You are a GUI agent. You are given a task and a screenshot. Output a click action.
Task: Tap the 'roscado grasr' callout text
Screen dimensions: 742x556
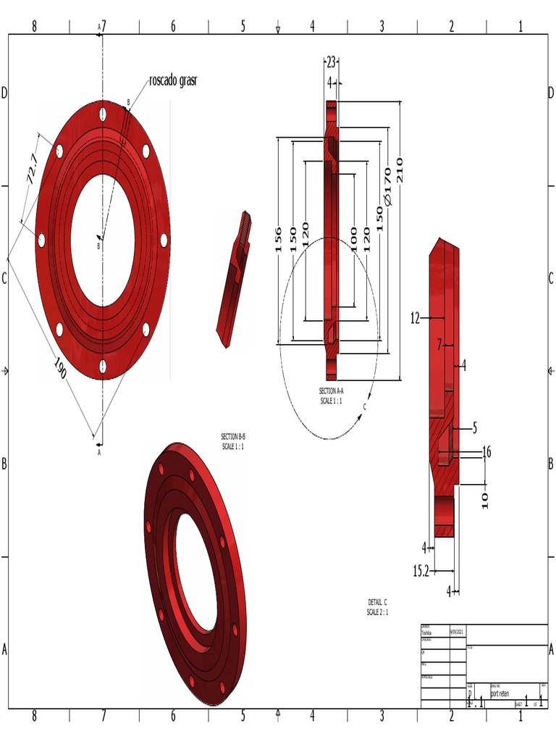pyautogui.click(x=173, y=80)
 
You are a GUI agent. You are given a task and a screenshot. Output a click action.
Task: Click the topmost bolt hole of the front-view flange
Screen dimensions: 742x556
pyautogui.click(x=104, y=114)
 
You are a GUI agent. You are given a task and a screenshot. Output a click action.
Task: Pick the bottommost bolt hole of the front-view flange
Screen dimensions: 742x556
pyautogui.click(x=103, y=366)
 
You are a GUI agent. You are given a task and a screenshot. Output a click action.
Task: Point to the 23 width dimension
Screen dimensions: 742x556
pyautogui.click(x=331, y=62)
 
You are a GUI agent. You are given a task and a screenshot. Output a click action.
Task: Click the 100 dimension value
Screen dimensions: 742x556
pyautogui.click(x=353, y=239)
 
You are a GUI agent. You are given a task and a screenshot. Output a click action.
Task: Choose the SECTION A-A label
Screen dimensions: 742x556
pyautogui.click(x=331, y=395)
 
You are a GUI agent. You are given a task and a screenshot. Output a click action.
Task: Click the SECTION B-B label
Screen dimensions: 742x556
pyautogui.click(x=233, y=441)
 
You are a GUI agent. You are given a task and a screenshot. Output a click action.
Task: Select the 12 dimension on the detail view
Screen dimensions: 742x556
pyautogui.click(x=416, y=317)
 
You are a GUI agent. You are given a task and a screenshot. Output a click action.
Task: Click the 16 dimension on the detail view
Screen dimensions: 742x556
pyautogui.click(x=486, y=452)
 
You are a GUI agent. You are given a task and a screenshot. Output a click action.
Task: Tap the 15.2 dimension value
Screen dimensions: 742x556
pyautogui.click(x=421, y=571)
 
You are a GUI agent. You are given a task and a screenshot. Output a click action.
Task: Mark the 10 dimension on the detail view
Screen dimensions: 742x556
pyautogui.click(x=485, y=500)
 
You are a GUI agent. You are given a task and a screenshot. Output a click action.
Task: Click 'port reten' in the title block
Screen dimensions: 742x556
pyautogui.click(x=500, y=693)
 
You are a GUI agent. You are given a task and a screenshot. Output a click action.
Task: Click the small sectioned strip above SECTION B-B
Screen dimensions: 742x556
pyautogui.click(x=234, y=280)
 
